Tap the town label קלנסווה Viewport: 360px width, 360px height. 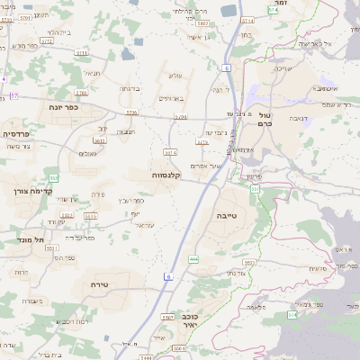(167, 175)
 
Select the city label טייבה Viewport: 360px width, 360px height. (227, 216)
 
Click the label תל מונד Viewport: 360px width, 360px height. (31, 240)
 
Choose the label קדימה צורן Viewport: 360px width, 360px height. (34, 191)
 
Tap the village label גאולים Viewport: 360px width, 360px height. (88, 154)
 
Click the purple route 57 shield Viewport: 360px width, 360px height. (13, 95)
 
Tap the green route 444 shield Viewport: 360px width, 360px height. (193, 259)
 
